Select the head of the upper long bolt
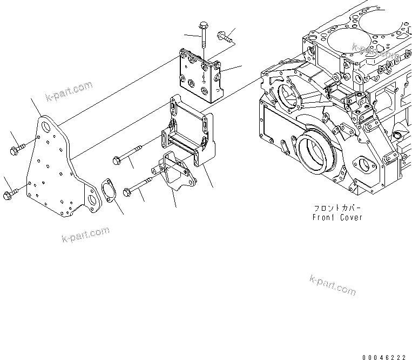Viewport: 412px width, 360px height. pos(116,160)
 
